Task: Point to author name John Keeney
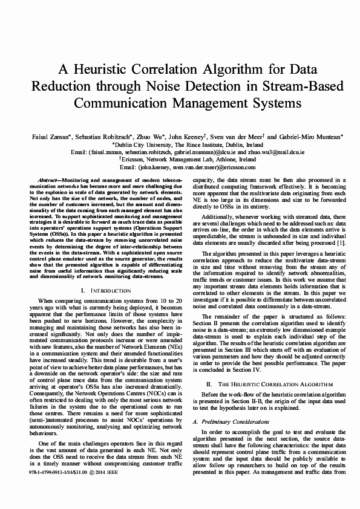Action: pos(186,137)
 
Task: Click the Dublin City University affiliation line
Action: pos(180,146)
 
